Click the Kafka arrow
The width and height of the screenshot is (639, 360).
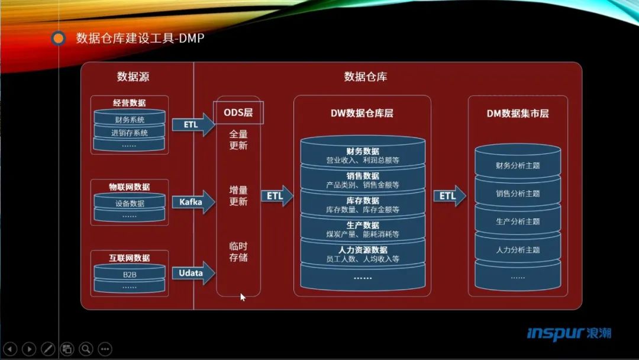[x=193, y=202]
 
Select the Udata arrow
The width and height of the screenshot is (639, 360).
[x=193, y=273]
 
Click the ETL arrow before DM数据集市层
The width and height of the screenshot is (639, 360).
[x=449, y=196]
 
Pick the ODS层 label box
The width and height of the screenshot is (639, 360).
[x=238, y=112]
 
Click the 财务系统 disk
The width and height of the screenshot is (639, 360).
[x=130, y=120]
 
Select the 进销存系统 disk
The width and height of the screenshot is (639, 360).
[x=130, y=133]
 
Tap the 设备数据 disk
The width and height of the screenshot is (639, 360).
[x=130, y=203]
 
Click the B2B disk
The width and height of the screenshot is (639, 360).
[x=130, y=275]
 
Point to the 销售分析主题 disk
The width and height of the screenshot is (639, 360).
[x=518, y=193]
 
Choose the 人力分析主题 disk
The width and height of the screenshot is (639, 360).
[x=518, y=250]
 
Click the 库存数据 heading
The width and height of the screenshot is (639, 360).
[x=363, y=201]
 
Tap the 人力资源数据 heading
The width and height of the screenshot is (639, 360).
[x=363, y=250]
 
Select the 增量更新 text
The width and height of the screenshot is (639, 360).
[x=238, y=196]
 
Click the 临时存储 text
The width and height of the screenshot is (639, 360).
[x=238, y=252]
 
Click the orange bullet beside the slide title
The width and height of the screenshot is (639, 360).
[x=59, y=39]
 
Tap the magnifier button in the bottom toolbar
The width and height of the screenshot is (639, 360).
[x=86, y=349]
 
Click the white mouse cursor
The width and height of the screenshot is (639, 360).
[x=243, y=297]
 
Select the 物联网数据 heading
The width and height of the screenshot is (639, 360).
[x=130, y=187]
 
